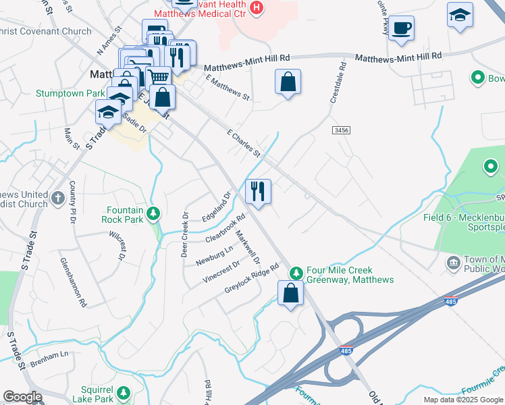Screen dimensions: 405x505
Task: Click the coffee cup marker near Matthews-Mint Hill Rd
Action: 401,28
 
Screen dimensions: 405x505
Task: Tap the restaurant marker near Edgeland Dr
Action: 258,191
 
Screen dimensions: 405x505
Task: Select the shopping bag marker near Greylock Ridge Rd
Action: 290,293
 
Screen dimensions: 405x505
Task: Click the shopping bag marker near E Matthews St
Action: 288,82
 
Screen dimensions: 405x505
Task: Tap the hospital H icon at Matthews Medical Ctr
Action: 256,7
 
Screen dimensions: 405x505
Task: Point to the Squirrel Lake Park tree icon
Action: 123,392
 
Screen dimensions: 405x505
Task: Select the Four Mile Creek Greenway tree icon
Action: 295,273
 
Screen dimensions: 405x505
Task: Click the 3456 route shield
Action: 341,130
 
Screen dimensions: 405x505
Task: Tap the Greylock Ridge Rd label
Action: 252,278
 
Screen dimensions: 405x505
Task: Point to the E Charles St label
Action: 244,144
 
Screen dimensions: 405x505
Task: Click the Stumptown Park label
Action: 70,92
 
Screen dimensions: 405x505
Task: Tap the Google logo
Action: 22,396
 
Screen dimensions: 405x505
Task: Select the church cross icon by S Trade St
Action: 58,198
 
